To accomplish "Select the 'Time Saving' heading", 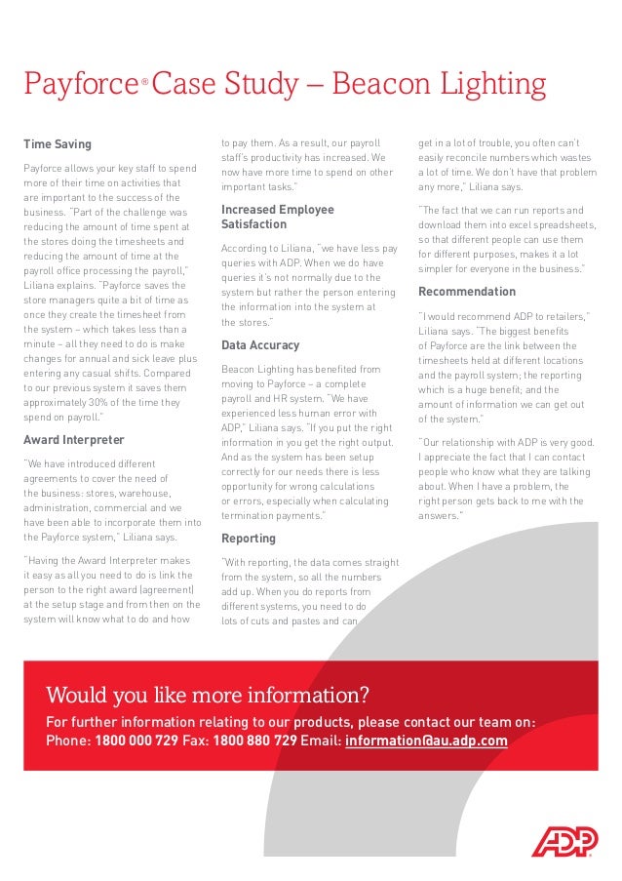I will (58, 144).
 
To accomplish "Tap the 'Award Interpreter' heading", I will (74, 440).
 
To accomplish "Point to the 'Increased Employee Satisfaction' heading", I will (277, 217).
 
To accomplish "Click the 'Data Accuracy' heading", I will (260, 345).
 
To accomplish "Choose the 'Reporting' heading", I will (249, 539).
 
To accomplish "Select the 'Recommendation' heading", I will (467, 292).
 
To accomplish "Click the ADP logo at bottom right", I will (563, 841).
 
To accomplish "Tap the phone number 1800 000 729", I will (136, 741).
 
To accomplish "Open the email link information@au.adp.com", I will (426, 741).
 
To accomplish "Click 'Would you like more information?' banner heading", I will (208, 696).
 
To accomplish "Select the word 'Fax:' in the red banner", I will (196, 741).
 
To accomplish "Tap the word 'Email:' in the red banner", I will (321, 741).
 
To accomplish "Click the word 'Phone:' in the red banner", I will (68, 741).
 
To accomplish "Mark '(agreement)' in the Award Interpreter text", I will (167, 589).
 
